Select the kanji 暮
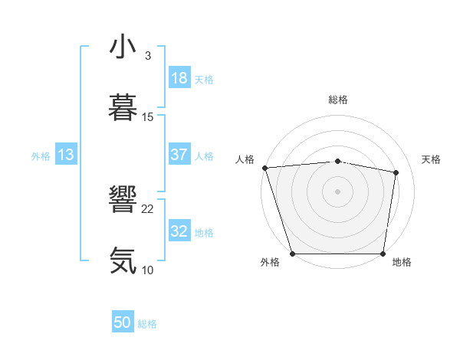tap(123, 106)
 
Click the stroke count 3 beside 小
tap(147, 56)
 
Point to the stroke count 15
tap(148, 116)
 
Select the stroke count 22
tap(148, 209)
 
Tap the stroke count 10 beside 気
tap(148, 270)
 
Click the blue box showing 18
tap(179, 78)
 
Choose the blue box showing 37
tap(179, 155)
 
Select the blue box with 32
tap(179, 231)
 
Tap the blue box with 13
tap(66, 155)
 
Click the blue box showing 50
tap(123, 322)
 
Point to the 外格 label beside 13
tap(41, 156)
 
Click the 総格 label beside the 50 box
tap(147, 324)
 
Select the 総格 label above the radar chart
tap(337, 100)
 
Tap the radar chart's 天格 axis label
tap(432, 159)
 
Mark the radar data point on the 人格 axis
tap(264, 168)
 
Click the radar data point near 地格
tap(383, 254)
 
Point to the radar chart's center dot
tap(337, 191)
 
